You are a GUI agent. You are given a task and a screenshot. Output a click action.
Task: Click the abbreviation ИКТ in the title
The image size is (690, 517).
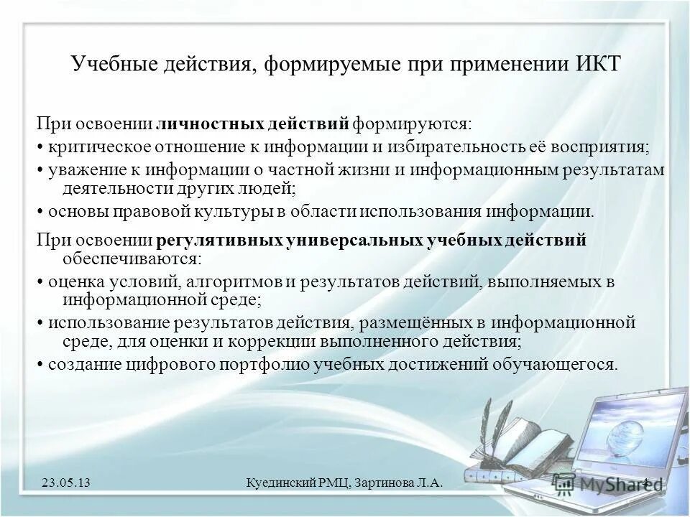click(x=598, y=65)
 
